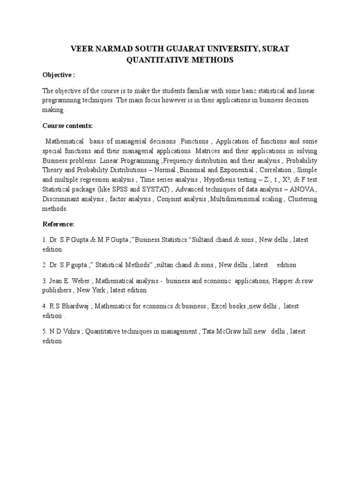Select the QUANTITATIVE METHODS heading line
(180, 60)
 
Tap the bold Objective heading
(59, 75)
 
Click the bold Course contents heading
(67, 126)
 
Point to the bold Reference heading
(58, 225)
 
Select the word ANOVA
(303, 189)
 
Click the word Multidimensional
(239, 199)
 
